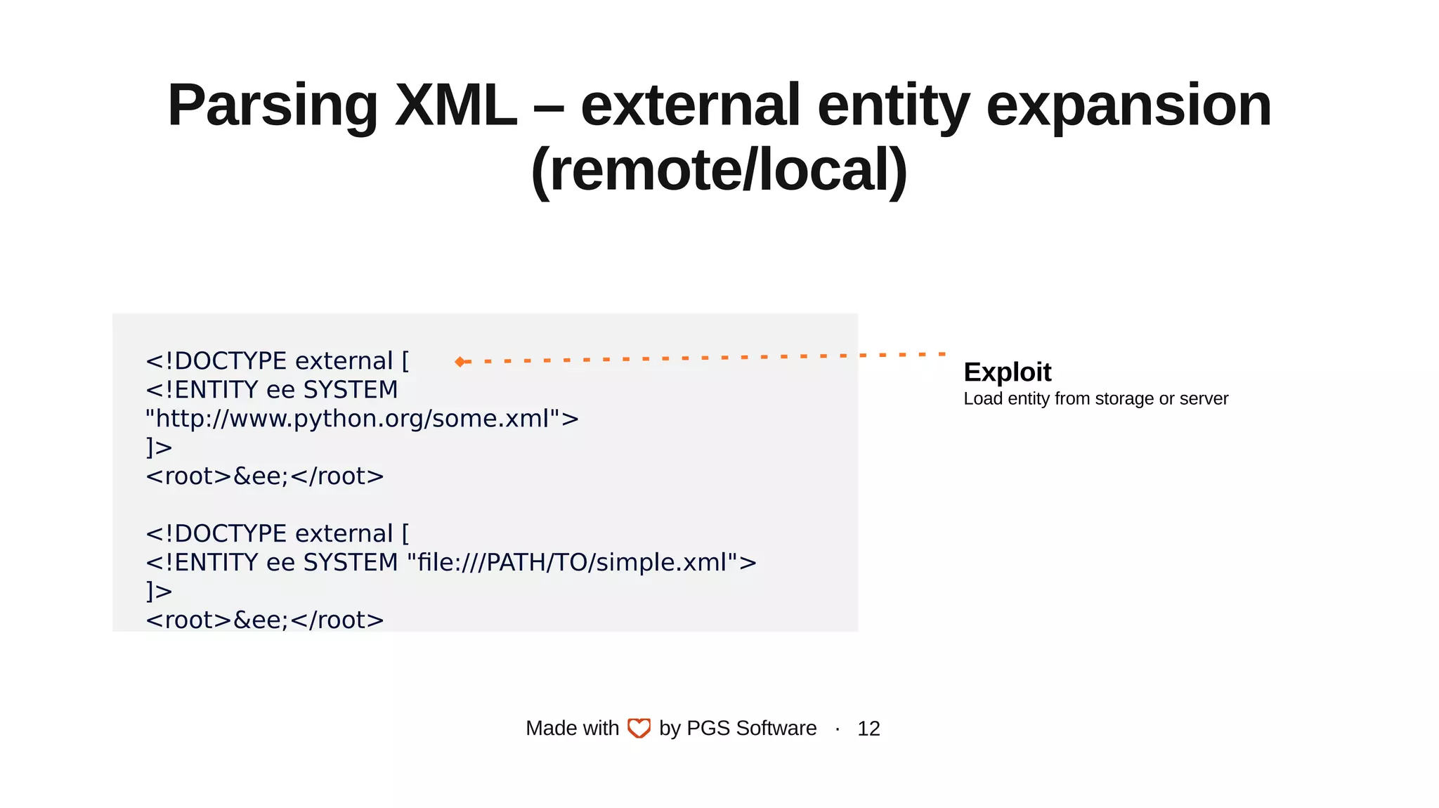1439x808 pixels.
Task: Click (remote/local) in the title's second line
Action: click(719, 170)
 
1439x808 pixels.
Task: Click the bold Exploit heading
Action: click(1007, 372)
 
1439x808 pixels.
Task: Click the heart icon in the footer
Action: click(639, 728)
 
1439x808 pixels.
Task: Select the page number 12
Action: click(868, 729)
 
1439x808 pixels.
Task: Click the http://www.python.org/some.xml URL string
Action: click(362, 419)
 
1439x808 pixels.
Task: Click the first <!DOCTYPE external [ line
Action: click(277, 361)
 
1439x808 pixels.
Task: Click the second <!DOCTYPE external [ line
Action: click(277, 534)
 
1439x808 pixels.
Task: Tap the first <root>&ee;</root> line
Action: click(264, 476)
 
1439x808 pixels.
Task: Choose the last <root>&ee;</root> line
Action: click(264, 620)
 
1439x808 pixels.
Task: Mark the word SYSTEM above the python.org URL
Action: click(350, 390)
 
